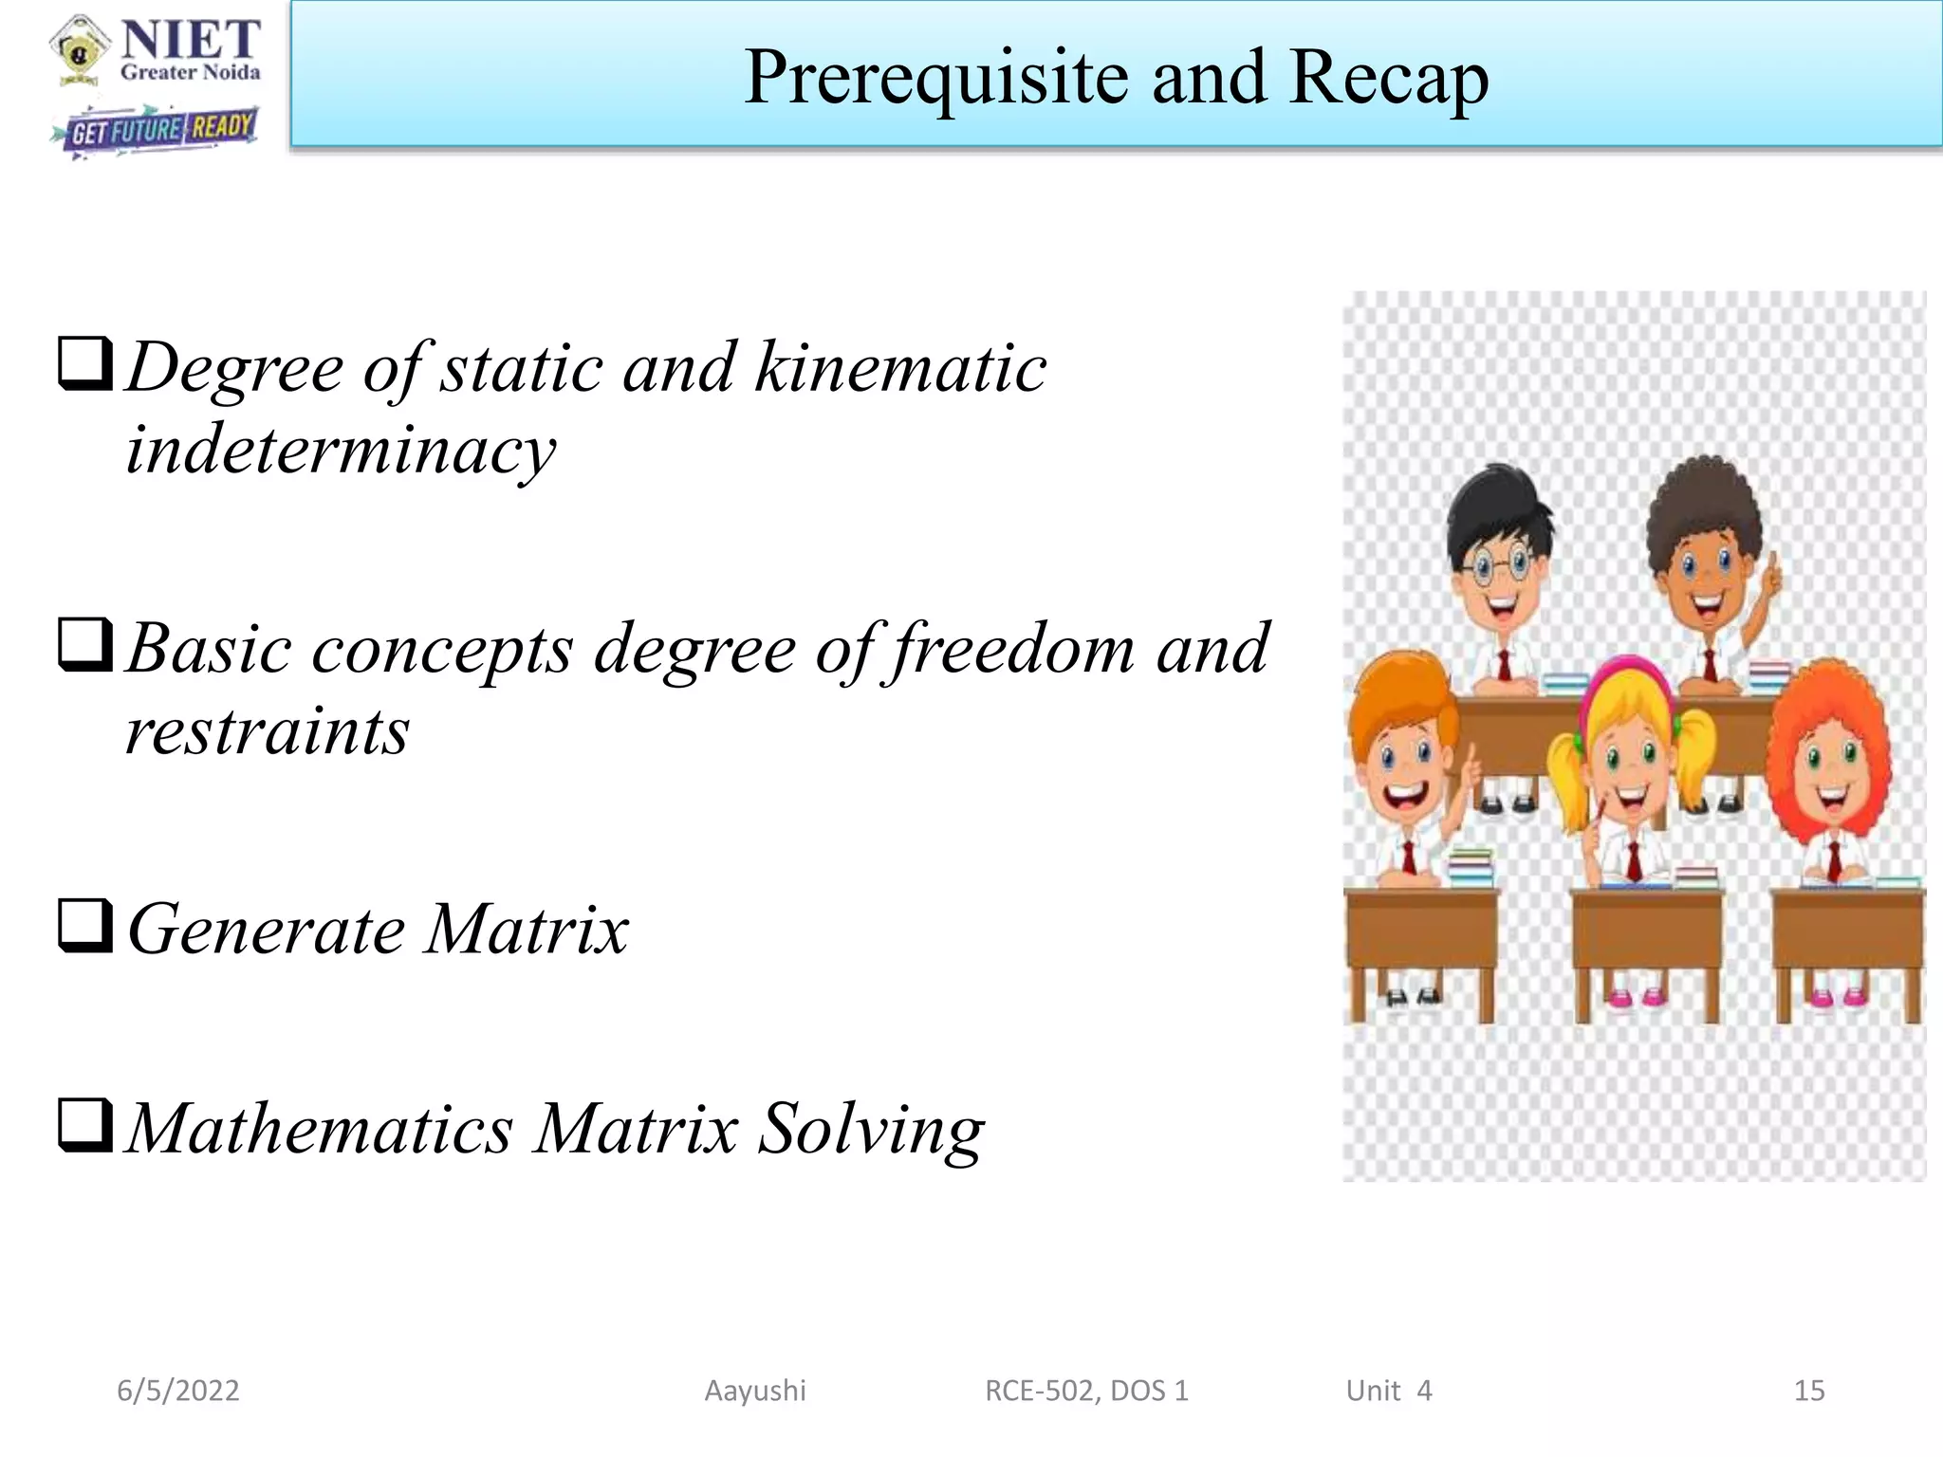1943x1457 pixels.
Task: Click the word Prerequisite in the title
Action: coord(937,78)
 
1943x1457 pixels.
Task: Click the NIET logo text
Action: coord(191,41)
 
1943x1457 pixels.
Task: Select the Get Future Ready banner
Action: coord(157,131)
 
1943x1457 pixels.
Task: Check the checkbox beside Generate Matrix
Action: coord(85,925)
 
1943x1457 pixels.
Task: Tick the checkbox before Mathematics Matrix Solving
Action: coord(85,1125)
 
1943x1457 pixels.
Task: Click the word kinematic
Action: coord(900,368)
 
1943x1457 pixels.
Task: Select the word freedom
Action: coord(1013,650)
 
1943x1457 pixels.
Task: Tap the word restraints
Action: coord(268,731)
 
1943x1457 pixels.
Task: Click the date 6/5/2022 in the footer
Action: coord(178,1391)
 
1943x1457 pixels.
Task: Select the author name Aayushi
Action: coord(755,1391)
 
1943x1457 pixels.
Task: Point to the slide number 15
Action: coord(1809,1391)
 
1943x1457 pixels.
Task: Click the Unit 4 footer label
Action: coord(1389,1391)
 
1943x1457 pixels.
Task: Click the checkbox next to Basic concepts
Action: coord(85,644)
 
